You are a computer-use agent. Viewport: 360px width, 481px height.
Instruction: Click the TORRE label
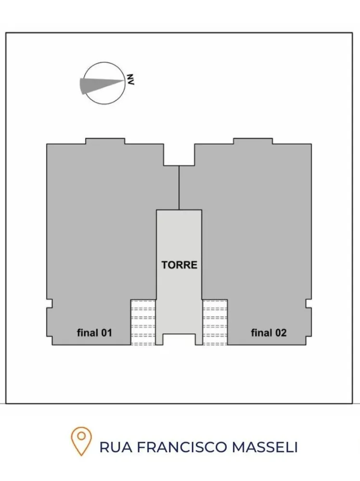(x=179, y=265)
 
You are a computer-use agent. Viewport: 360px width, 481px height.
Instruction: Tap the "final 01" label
(x=94, y=332)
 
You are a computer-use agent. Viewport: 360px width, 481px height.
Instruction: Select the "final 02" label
(x=269, y=332)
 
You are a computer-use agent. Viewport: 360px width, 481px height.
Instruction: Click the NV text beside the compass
(x=130, y=79)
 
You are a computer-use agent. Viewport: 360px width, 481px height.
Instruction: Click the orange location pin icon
(x=81, y=441)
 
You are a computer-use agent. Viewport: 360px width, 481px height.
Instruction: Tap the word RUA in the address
(x=116, y=447)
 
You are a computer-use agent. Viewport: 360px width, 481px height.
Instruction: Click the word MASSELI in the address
(x=265, y=447)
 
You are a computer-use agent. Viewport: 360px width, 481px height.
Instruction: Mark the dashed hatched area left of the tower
(x=143, y=322)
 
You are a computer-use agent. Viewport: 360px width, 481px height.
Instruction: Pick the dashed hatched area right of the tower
(x=215, y=322)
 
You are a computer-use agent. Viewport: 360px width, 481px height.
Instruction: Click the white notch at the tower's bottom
(x=179, y=339)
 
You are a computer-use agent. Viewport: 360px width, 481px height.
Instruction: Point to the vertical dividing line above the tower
(x=179, y=188)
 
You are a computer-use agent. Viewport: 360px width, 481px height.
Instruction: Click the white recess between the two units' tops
(x=179, y=154)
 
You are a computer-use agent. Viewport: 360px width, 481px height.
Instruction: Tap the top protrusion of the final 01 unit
(x=105, y=141)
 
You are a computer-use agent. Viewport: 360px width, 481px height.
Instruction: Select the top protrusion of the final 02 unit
(x=253, y=141)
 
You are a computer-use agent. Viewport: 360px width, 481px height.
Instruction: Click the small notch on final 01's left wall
(x=49, y=304)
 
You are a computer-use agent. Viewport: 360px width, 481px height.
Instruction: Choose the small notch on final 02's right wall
(x=309, y=304)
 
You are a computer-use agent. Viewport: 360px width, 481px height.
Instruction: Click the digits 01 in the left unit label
(x=106, y=333)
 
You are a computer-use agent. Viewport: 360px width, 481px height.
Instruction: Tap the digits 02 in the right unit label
(x=281, y=333)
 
